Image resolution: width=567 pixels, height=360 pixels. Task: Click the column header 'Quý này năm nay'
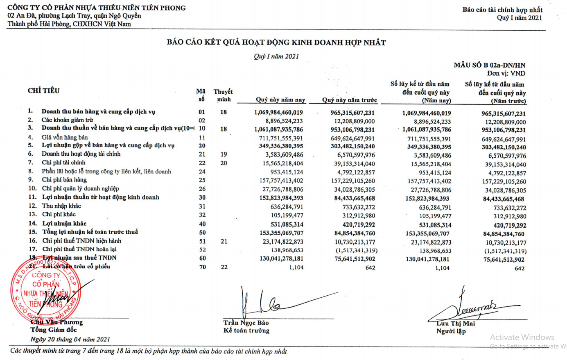[280, 100]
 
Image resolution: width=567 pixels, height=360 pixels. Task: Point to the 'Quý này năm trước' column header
[349, 100]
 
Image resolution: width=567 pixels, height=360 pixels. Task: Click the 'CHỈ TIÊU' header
[44, 91]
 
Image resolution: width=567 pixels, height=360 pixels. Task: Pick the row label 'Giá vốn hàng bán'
[65, 137]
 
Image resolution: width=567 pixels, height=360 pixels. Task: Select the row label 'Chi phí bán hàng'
[64, 180]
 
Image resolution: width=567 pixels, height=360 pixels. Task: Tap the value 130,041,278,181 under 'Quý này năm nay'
[281, 259]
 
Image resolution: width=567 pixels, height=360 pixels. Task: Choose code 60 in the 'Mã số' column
[202, 258]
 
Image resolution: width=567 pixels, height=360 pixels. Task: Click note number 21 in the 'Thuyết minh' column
[224, 241]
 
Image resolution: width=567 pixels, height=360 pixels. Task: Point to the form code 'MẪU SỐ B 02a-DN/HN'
[489, 65]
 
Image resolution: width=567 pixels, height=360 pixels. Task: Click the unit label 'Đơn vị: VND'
[506, 73]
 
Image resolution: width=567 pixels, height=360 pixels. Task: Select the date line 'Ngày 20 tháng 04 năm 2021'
[70, 339]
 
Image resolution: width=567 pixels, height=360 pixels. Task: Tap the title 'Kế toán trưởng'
[246, 331]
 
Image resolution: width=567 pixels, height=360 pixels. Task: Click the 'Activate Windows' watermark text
[522, 337]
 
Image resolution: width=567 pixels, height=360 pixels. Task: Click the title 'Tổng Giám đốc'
[53, 330]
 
